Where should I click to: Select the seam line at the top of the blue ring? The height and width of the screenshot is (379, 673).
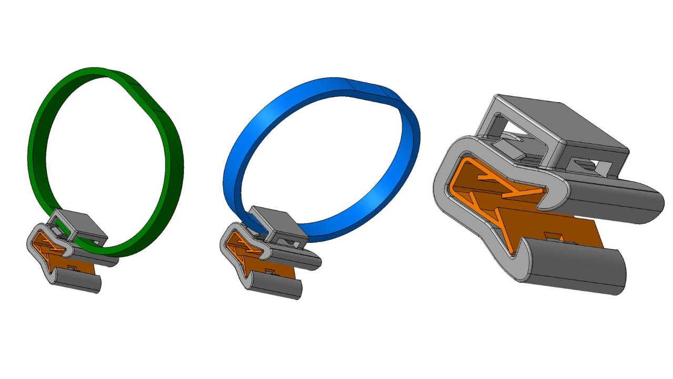[348, 85]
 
